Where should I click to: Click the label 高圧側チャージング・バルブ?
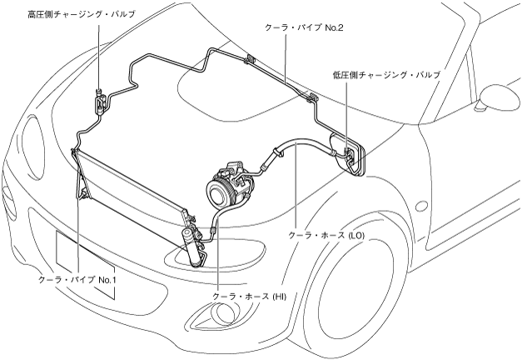tap(81, 15)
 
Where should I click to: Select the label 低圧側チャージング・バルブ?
tap(385, 75)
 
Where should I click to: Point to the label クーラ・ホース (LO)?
tap(326, 236)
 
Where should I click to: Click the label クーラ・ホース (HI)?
tap(249, 297)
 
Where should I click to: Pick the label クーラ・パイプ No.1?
tap(77, 280)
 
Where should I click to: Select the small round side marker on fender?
tap(421, 206)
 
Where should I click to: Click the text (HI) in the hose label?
tap(276, 297)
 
